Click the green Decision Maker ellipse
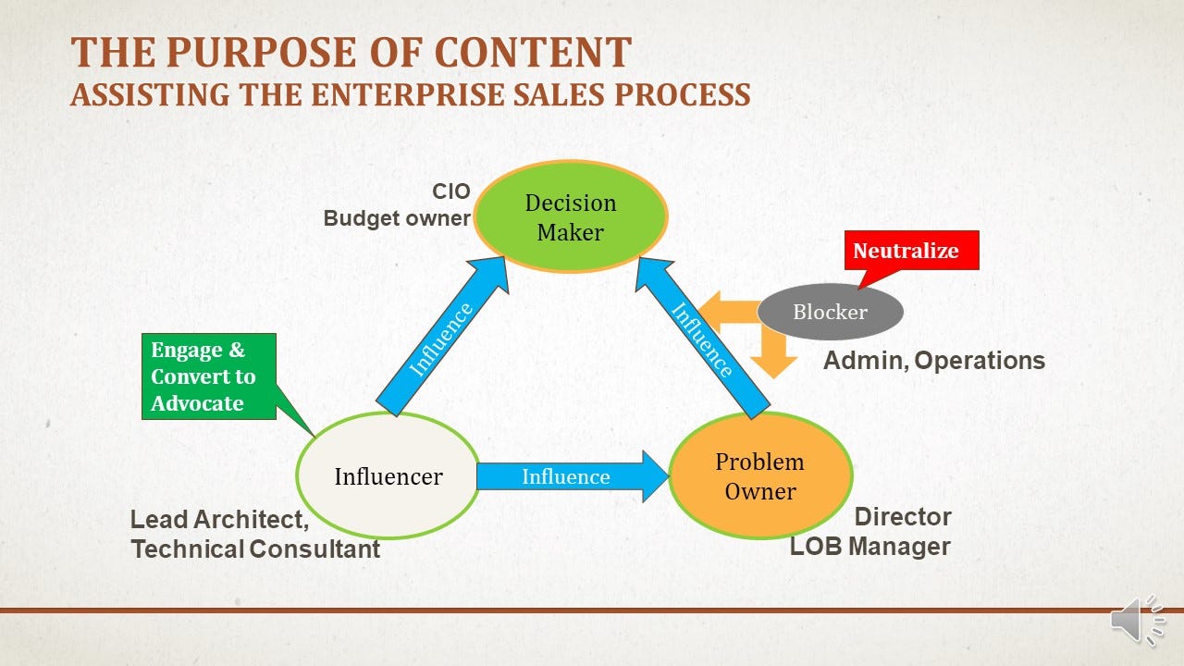571,216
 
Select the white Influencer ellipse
388,475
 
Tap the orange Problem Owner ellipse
760,475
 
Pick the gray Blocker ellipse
830,312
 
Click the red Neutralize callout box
911,251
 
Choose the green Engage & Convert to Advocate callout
209,376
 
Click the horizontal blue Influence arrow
573,476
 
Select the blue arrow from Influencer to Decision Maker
442,336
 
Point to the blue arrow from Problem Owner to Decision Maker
703,339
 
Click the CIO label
450,191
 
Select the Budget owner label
397,218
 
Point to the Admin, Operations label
934,361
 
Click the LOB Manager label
870,547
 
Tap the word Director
903,517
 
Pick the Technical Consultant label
255,549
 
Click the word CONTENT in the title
533,53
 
